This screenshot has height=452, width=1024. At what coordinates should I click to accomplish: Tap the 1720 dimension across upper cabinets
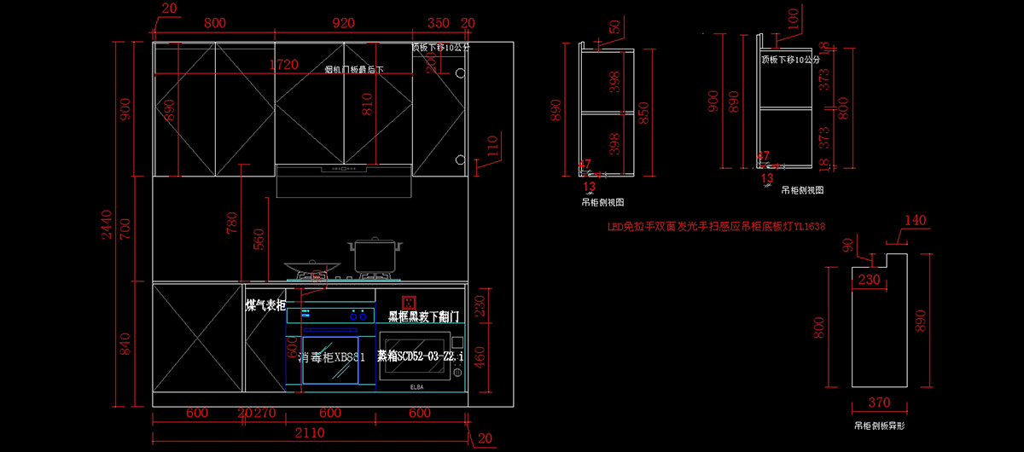pos(284,65)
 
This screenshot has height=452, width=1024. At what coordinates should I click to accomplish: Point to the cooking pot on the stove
pos(374,256)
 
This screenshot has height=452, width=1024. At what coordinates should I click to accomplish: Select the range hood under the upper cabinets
pos(344,181)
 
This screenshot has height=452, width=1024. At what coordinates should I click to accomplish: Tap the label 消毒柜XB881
pos(332,357)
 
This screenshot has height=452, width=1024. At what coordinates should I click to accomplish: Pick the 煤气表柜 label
pos(265,304)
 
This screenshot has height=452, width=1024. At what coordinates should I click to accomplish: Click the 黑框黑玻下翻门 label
pos(424,316)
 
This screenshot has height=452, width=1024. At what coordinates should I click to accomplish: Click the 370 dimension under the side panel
pos(879,403)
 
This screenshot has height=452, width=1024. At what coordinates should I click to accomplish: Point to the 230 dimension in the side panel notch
pos(869,278)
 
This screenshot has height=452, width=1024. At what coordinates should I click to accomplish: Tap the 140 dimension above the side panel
pos(915,220)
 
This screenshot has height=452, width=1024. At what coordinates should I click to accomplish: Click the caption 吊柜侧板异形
pos(879,425)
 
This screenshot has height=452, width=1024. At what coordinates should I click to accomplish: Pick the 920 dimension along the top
pos(343,23)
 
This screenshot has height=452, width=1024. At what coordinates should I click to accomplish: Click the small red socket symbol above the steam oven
pos(408,300)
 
